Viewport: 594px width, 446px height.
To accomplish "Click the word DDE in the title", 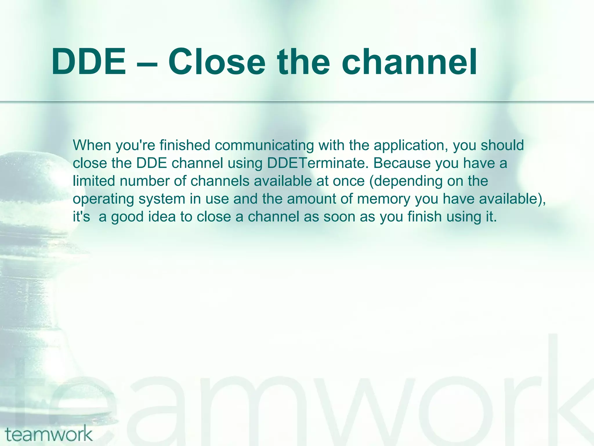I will [x=89, y=62].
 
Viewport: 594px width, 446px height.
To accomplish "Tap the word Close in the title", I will [x=216, y=62].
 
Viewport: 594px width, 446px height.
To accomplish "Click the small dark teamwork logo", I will [x=49, y=434].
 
